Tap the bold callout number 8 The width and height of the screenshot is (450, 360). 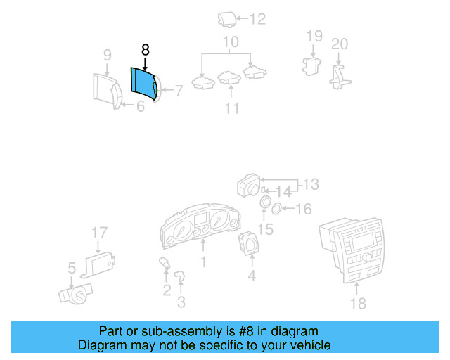[146, 50]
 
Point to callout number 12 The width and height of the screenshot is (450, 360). [259, 19]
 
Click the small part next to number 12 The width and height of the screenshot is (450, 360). [227, 19]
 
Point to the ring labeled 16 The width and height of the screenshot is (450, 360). [278, 207]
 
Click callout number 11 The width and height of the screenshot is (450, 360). [232, 108]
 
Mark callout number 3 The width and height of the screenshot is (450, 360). [181, 303]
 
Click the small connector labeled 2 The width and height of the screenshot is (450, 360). [166, 265]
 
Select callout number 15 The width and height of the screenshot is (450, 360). [266, 229]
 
